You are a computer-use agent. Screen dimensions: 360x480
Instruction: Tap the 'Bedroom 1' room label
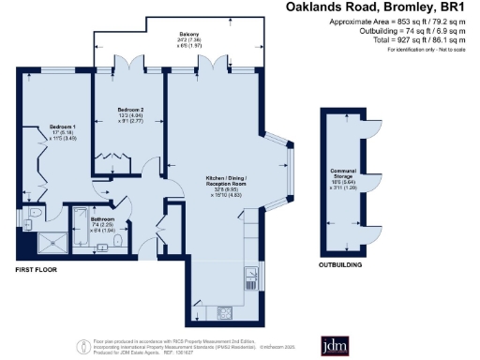(63, 126)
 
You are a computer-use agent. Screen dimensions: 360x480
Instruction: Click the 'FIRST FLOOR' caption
(38, 269)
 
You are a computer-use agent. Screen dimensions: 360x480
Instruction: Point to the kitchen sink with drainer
(251, 275)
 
